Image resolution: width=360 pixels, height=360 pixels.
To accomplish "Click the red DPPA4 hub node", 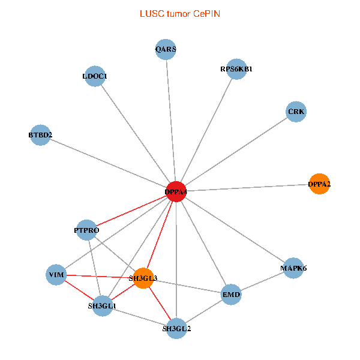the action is tap(176, 191).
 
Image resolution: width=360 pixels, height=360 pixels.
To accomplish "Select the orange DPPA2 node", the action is tap(319, 184).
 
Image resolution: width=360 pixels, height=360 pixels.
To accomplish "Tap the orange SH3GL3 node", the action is tap(143, 278).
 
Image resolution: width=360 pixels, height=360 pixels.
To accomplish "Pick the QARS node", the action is tap(166, 50).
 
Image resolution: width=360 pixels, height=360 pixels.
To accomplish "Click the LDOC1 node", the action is tap(95, 76).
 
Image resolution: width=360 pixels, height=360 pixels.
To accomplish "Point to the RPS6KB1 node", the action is tap(237, 69).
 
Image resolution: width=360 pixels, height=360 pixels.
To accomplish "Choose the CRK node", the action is tap(296, 112).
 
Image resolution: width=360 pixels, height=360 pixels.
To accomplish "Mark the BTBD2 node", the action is tap(40, 135).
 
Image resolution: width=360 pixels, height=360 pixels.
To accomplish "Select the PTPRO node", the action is tap(87, 230).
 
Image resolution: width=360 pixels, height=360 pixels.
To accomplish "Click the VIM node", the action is tap(56, 275).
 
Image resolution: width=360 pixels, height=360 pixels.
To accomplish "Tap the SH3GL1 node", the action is tap(103, 305).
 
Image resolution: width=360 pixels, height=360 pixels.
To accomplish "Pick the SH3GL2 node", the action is tap(176, 328).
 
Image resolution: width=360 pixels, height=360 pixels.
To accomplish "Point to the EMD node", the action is tap(231, 295).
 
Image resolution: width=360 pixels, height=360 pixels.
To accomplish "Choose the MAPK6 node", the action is tap(293, 268).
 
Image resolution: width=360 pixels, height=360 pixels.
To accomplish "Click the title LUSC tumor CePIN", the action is tap(179, 13).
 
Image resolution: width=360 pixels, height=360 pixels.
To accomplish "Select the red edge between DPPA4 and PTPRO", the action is tap(131, 211).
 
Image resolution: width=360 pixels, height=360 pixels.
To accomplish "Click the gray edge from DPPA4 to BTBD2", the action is tap(108, 163).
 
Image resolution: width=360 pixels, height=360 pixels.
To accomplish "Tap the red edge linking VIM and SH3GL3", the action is tap(99, 276).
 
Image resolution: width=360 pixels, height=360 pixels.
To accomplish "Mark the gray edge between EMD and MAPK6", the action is tap(262, 281).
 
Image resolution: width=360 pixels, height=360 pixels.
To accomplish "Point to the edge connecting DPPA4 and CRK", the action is tap(236, 151).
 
